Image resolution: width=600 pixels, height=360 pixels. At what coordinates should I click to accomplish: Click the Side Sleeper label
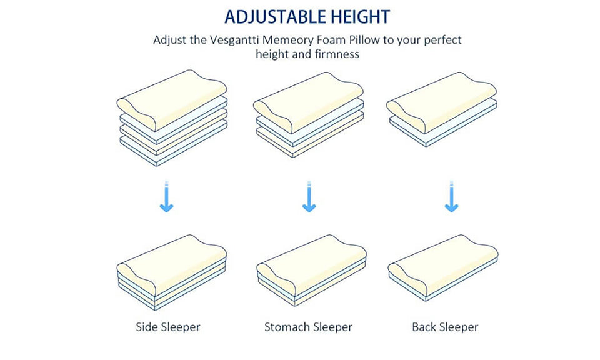[168, 327]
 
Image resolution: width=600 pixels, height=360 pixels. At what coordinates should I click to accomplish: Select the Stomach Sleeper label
[308, 327]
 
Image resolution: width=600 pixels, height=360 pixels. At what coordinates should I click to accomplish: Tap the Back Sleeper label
[445, 327]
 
